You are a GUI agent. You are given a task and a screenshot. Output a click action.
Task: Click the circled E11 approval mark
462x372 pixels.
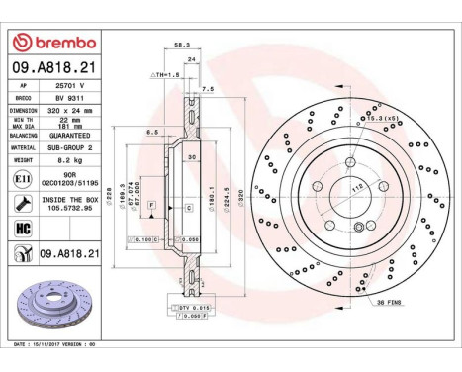pyautogui.click(x=22, y=180)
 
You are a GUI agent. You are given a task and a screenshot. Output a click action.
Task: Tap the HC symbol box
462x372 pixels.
pyautogui.click(x=22, y=229)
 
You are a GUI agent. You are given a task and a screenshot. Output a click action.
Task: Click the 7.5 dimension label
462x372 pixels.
pyautogui.click(x=208, y=90)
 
